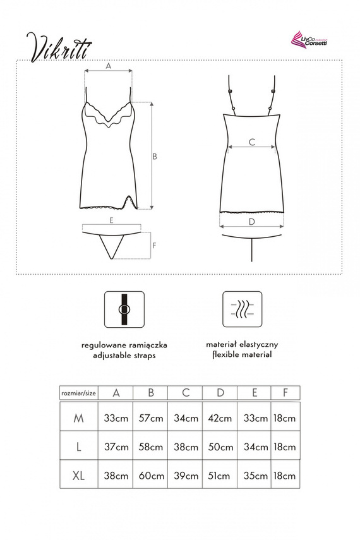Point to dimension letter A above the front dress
click(108, 66)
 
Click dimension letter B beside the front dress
click(154, 156)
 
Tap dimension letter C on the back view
click(251, 142)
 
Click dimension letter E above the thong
click(111, 220)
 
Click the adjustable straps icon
click(124, 309)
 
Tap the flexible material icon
click(243, 309)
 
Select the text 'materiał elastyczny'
click(242, 345)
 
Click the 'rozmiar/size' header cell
click(78, 392)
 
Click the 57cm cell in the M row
click(151, 417)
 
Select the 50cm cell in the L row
click(220, 447)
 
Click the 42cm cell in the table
click(220, 417)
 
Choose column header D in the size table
click(220, 392)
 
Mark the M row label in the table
click(78, 417)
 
